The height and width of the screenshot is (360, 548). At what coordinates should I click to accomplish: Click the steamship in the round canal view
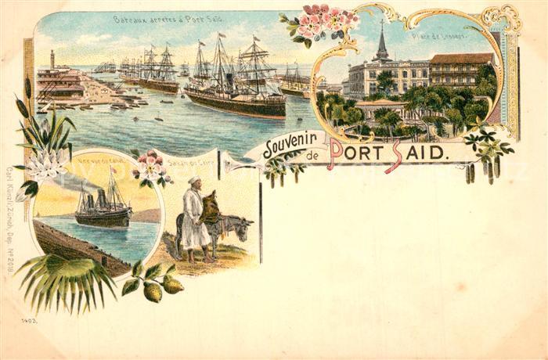point(103,209)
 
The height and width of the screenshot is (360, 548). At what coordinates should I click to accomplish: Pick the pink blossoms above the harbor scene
point(321,22)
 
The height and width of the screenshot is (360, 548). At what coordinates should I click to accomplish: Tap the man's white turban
point(192,181)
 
